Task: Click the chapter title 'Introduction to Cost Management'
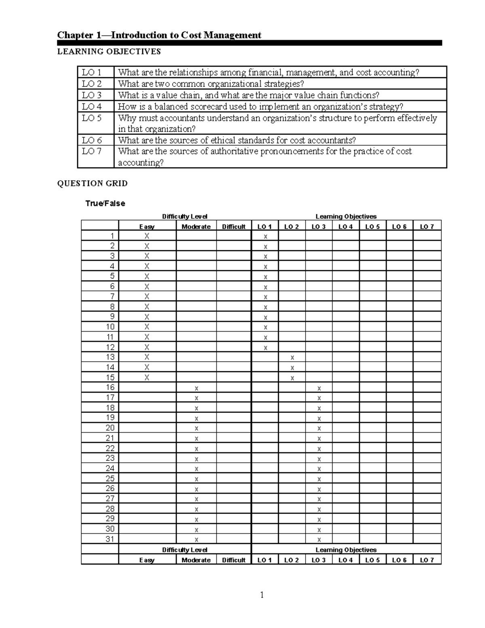186,35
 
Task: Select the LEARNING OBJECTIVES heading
109,51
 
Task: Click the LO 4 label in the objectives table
92,107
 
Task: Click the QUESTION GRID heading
92,184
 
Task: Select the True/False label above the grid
105,203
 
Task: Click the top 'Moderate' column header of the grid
196,226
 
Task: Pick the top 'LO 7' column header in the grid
427,226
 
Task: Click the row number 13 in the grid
110,357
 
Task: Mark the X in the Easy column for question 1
147,236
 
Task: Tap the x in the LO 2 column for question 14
292,368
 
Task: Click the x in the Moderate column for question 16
196,388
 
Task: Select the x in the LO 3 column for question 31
319,539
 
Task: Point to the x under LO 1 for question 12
266,348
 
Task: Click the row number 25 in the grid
110,478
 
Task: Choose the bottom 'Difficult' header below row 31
234,560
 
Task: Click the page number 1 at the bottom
262,595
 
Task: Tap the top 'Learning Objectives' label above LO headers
346,216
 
